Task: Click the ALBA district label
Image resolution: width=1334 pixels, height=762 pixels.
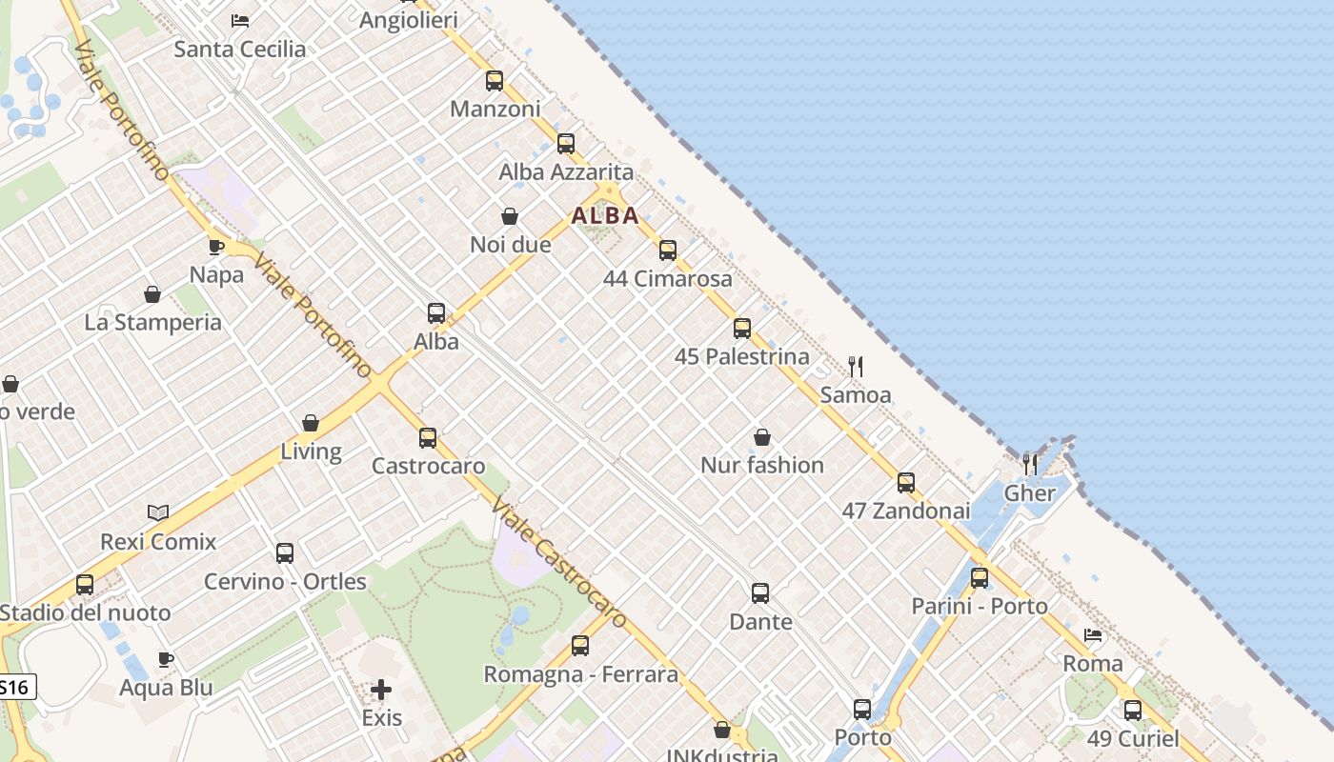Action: point(605,215)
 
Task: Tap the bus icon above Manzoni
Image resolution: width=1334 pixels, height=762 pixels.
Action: point(495,81)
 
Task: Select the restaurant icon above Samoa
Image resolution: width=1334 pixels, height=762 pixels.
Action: point(856,367)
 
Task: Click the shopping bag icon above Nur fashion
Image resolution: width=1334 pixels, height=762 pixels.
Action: point(762,437)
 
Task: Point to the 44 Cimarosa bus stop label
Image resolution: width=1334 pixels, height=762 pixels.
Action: point(668,279)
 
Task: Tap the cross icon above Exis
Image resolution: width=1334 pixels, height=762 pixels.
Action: point(381,689)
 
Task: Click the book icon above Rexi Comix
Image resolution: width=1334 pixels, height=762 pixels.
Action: point(158,513)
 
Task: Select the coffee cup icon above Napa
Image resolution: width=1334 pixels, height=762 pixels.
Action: point(216,247)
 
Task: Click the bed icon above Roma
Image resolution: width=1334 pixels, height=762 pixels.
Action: point(1093,635)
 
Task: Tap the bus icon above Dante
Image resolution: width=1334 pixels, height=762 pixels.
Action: point(760,593)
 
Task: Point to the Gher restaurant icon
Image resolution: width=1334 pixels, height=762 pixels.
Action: point(1030,465)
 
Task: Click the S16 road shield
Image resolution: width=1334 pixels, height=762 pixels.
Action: point(16,686)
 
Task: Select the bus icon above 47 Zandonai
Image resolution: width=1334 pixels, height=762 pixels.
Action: point(906,483)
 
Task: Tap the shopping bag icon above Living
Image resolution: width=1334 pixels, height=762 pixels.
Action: point(311,423)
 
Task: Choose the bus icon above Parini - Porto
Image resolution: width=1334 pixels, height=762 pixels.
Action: point(980,578)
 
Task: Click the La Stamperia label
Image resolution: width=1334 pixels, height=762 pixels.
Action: point(153,322)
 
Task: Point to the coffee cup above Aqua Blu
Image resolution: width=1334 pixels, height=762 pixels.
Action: point(166,659)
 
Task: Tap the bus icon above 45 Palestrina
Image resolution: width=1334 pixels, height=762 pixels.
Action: point(742,329)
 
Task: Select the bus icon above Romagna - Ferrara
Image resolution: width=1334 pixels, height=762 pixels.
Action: point(580,646)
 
